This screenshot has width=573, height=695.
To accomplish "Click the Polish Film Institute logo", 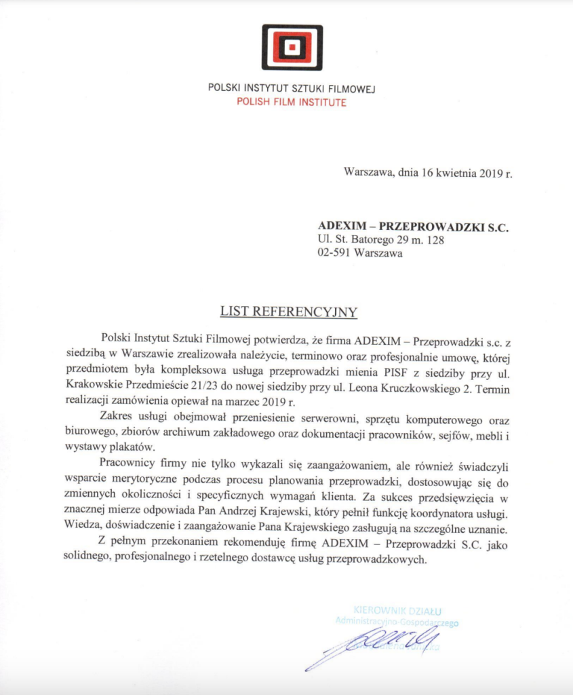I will click(x=292, y=48).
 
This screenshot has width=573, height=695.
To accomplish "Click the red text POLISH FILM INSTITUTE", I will click(x=292, y=102).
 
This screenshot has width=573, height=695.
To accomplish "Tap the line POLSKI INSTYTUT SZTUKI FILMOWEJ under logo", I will click(x=292, y=89).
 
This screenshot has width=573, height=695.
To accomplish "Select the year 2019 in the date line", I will click(x=486, y=172).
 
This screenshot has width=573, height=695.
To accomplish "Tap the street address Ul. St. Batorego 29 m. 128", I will click(x=381, y=240).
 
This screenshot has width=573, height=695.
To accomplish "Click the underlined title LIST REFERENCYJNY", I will click(x=288, y=312).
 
